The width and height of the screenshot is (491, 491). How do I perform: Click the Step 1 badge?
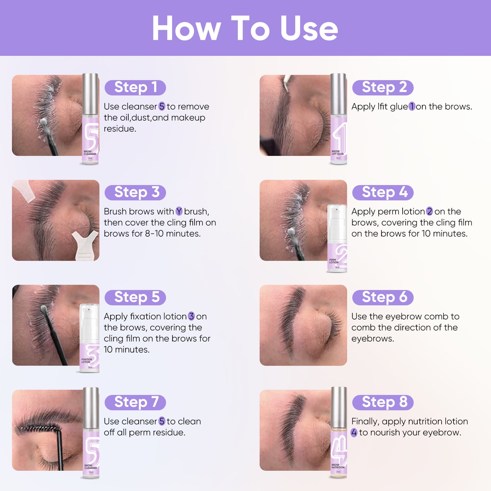[x=135, y=87]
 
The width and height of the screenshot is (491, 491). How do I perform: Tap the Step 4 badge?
[x=383, y=192]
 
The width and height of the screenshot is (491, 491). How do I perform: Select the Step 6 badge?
[x=383, y=297]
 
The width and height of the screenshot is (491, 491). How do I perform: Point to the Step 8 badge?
[x=383, y=402]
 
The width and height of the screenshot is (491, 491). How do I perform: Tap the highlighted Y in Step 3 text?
[x=179, y=211]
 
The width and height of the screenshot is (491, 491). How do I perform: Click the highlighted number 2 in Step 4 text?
[x=429, y=211]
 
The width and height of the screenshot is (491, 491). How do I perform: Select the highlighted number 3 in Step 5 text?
[x=191, y=316]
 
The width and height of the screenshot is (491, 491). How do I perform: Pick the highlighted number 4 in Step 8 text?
[x=354, y=433]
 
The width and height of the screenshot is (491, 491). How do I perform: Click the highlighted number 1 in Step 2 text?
[x=412, y=106]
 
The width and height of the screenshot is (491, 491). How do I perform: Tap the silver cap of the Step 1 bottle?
[x=90, y=94]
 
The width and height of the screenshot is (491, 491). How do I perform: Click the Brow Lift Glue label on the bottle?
[x=338, y=153]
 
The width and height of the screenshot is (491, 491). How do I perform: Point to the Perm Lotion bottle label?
[x=334, y=261]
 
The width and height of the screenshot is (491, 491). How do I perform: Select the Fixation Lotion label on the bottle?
[x=87, y=361]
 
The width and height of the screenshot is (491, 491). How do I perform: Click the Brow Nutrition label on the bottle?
[x=338, y=466]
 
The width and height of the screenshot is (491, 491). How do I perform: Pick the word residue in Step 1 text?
[x=120, y=129]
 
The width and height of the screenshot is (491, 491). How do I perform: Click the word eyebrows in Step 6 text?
[x=373, y=339]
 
